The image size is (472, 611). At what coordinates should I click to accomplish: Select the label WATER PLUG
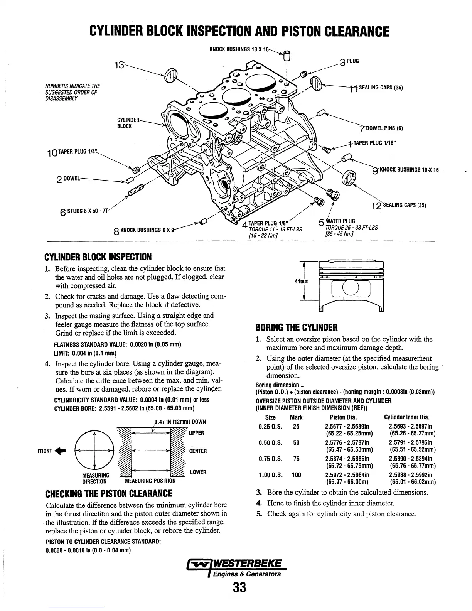pyautogui.click(x=341, y=221)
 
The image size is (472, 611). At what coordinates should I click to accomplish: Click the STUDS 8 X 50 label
pyautogui.click(x=86, y=211)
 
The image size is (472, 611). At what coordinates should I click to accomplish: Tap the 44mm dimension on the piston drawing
pyautogui.click(x=302, y=282)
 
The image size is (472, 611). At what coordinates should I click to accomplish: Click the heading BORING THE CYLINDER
pyautogui.click(x=296, y=328)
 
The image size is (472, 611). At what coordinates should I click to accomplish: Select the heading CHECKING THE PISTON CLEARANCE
pyautogui.click(x=109, y=493)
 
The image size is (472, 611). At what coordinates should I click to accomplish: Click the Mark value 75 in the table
pyautogui.click(x=296, y=459)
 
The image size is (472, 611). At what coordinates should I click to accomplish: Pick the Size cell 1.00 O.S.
pyautogui.click(x=270, y=475)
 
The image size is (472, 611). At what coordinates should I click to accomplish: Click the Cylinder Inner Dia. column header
pyautogui.click(x=407, y=417)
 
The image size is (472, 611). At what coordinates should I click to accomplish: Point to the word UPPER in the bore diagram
pyautogui.click(x=196, y=433)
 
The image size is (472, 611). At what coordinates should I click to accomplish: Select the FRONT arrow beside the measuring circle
pyautogui.click(x=51, y=450)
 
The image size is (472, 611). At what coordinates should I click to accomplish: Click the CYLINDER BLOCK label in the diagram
pyautogui.click(x=125, y=122)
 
